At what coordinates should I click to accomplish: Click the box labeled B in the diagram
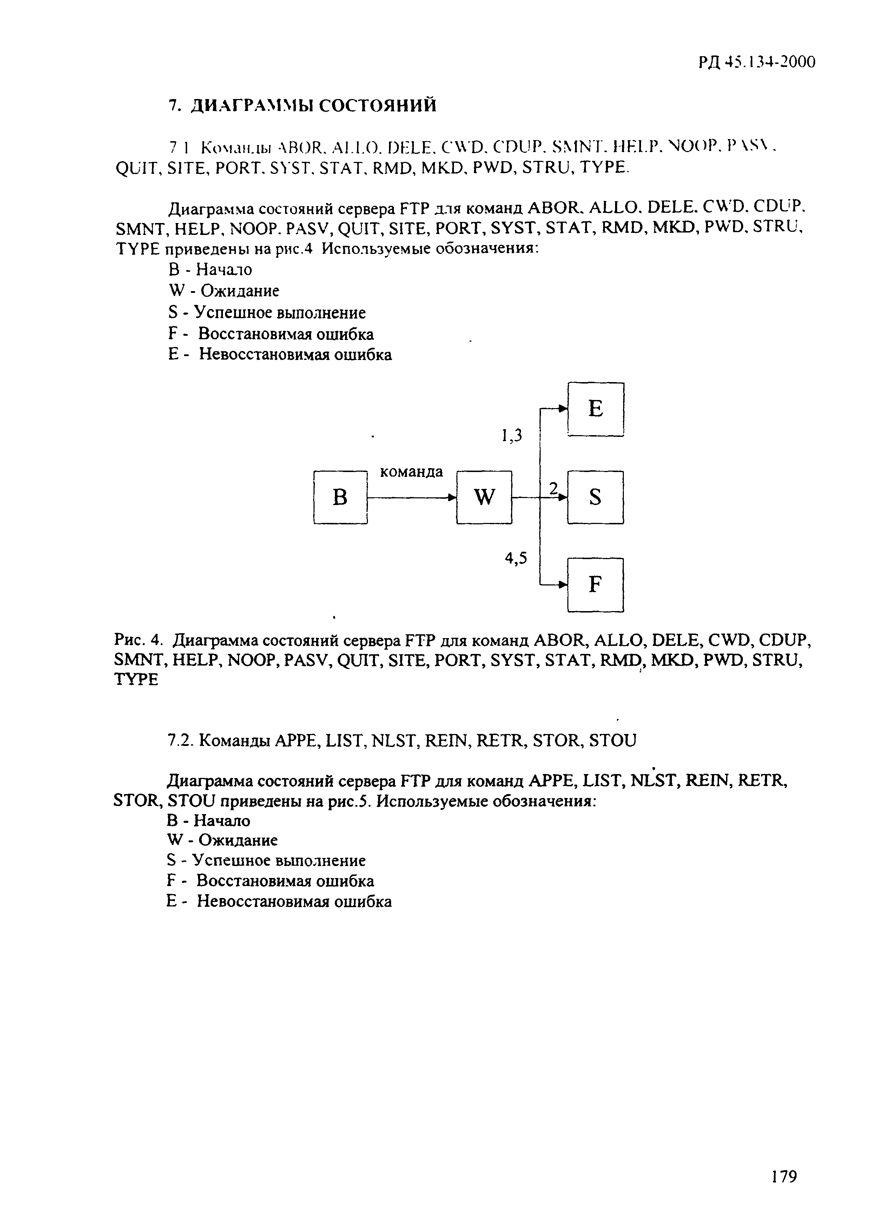pyautogui.click(x=340, y=497)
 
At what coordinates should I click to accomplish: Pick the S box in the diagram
pyautogui.click(x=595, y=497)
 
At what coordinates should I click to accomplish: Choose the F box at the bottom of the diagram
pyautogui.click(x=595, y=584)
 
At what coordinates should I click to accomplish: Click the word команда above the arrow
pyautogui.click(x=411, y=472)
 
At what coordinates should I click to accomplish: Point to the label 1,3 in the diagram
pyautogui.click(x=511, y=436)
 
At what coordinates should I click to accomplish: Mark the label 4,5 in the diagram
pyautogui.click(x=515, y=559)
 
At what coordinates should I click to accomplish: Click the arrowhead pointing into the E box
pyautogui.click(x=563, y=409)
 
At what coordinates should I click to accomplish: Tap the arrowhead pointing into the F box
pyautogui.click(x=563, y=584)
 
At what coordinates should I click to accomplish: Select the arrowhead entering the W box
pyautogui.click(x=452, y=497)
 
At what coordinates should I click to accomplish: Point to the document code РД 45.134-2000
pyautogui.click(x=756, y=63)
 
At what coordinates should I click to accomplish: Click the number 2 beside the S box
pyautogui.click(x=553, y=488)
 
